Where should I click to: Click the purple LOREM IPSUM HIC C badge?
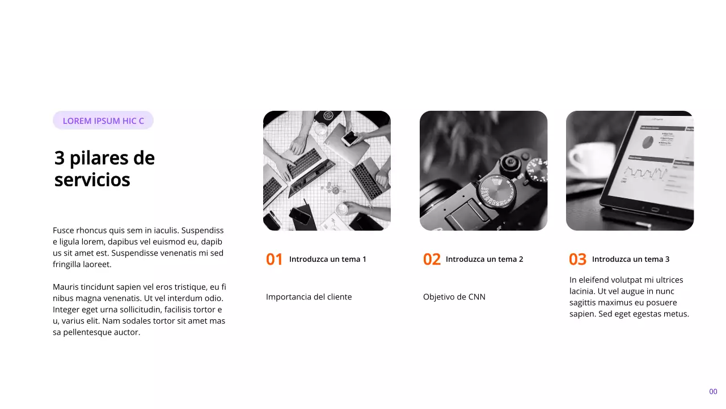pos(103,120)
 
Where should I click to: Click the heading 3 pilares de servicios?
pos(104,168)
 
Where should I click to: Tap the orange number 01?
pos(274,260)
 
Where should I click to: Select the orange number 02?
pos(432,260)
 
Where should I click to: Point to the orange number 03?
pos(577,260)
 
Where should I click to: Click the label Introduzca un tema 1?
pos(327,259)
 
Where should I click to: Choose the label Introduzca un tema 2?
pos(484,259)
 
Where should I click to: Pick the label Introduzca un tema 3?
pos(630,259)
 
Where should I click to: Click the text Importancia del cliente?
pos(309,297)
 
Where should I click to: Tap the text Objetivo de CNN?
pos(454,297)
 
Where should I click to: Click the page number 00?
pos(713,391)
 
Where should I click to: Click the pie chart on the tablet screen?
pos(647,140)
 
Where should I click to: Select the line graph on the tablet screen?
pos(647,171)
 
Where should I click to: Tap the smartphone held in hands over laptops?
pos(351,138)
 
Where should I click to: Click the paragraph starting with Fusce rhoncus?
pos(138,247)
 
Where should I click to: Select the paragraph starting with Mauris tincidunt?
pos(139,310)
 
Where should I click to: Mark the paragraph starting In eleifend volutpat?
pos(629,297)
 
